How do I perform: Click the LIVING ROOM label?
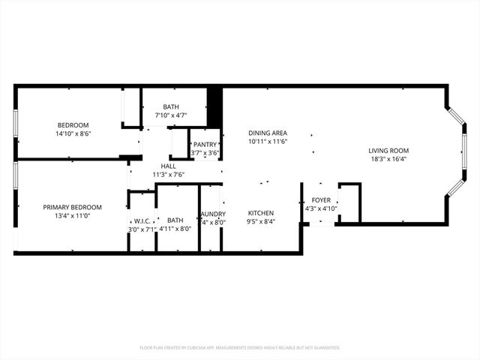click(388, 150)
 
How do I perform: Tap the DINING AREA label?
click(268, 133)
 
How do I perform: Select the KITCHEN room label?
click(261, 213)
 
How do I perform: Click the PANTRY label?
click(205, 145)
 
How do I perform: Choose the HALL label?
click(168, 166)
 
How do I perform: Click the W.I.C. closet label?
click(142, 220)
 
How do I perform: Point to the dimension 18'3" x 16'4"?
click(388, 158)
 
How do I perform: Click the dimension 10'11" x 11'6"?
click(268, 141)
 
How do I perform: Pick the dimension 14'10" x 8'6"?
click(73, 133)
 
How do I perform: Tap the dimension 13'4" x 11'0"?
click(72, 215)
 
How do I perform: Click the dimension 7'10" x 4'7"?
click(171, 115)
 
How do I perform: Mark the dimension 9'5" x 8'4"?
click(261, 221)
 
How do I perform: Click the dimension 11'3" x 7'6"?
click(168, 174)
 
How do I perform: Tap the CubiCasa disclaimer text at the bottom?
click(240, 347)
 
